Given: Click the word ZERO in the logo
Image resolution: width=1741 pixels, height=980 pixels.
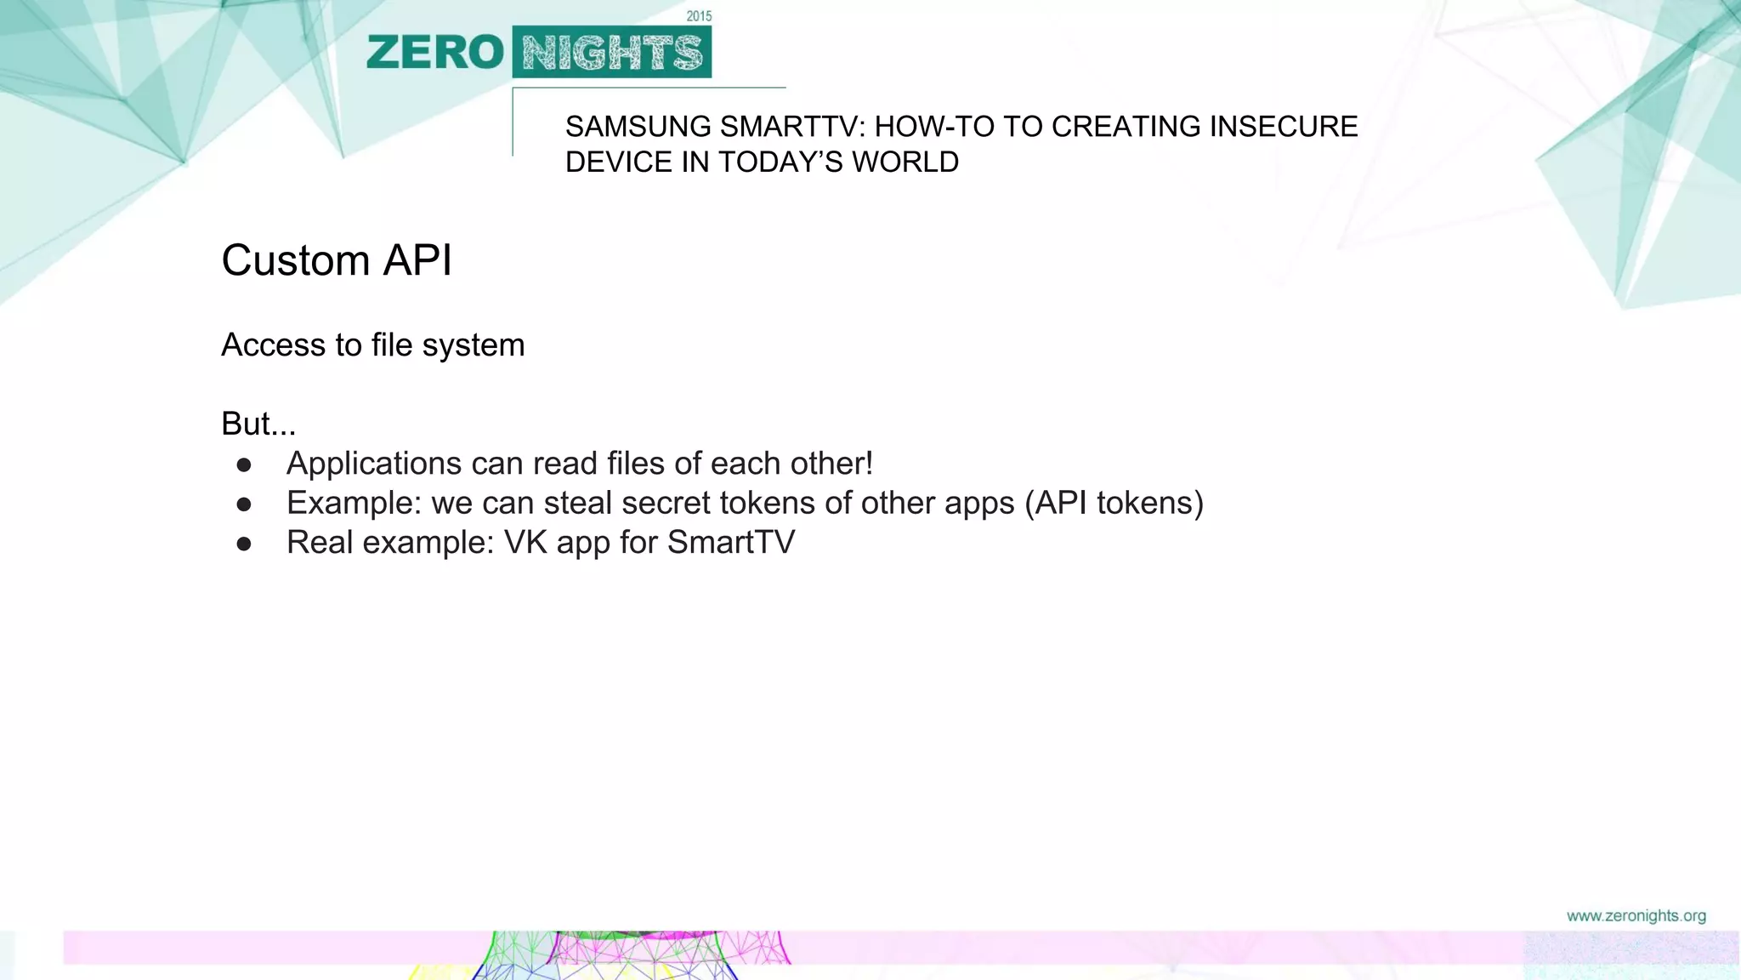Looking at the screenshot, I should pos(435,53).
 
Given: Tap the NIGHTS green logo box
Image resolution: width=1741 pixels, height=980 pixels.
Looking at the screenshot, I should pos(612,53).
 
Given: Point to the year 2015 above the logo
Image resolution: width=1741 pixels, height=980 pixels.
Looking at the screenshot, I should pos(699,16).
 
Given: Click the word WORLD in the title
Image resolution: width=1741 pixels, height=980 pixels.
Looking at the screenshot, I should pos(905,162).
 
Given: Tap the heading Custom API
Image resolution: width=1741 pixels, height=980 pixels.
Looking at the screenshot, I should pos(337,260).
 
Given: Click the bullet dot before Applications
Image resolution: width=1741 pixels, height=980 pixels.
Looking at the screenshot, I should pos(244,464).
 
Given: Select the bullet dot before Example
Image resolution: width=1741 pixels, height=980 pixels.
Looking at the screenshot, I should pos(244,504).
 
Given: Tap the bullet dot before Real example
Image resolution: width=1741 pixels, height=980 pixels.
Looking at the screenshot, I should pos(244,544).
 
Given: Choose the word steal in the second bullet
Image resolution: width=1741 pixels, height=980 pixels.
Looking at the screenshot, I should pos(577,504).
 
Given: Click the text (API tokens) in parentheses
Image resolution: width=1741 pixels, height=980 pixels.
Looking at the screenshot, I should pos(1114,504).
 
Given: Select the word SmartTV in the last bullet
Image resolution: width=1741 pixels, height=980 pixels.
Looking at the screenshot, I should pos(731,543).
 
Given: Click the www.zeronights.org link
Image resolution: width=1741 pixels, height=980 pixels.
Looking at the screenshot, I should pos(1636,916).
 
